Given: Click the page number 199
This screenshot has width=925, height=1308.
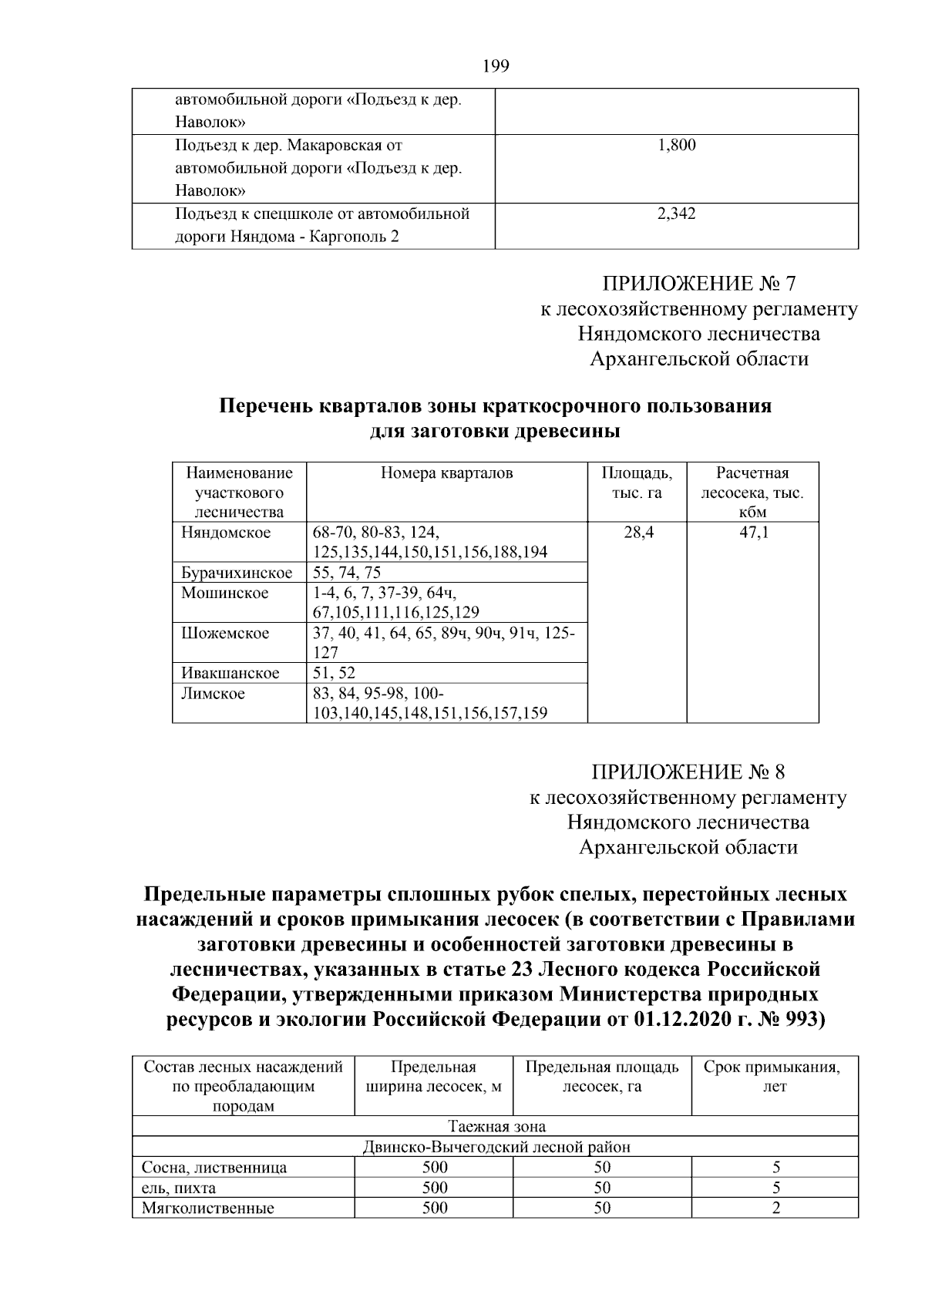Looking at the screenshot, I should (496, 66).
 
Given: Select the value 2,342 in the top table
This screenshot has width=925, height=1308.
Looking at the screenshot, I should (677, 214).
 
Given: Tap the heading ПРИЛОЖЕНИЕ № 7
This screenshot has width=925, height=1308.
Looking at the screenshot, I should (698, 284).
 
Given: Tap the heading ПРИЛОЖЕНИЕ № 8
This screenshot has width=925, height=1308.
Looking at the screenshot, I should (688, 772).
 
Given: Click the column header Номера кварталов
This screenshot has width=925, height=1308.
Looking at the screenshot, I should (447, 473).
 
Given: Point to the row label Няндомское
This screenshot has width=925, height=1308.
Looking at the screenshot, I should (226, 533).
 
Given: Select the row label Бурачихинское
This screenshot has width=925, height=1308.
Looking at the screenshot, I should (237, 573).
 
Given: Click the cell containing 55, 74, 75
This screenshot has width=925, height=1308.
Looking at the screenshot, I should (348, 573).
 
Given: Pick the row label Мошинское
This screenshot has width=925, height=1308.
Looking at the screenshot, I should (225, 593).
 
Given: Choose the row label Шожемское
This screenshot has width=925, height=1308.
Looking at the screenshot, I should (225, 633).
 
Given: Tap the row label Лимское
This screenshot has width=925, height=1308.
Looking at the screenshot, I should (213, 694).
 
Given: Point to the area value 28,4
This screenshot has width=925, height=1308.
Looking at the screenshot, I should (637, 533).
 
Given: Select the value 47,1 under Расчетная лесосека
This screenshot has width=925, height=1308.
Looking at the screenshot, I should (753, 533).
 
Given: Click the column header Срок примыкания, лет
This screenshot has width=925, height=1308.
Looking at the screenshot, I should (775, 1077).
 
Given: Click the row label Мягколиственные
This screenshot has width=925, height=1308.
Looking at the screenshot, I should (208, 1208).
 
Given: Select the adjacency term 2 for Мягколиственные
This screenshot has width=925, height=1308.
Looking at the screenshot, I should (775, 1208).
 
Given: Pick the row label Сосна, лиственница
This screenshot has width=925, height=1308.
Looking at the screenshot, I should (214, 1167).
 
